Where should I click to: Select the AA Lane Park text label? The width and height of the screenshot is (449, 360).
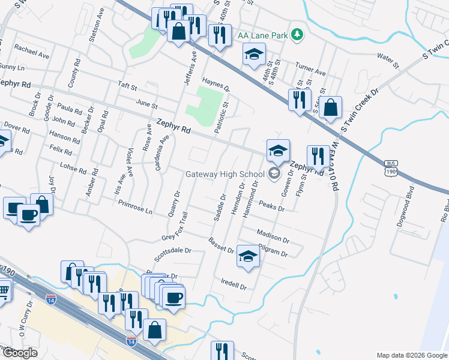262,35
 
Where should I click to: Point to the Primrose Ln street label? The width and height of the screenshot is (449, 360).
136,208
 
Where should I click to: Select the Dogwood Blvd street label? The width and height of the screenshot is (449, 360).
411,204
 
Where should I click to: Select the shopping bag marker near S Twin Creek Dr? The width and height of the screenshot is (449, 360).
330,109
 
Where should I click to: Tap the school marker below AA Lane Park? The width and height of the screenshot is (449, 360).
254,54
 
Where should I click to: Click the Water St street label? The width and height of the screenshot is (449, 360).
387,58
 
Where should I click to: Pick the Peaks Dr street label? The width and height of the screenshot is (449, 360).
271,206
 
